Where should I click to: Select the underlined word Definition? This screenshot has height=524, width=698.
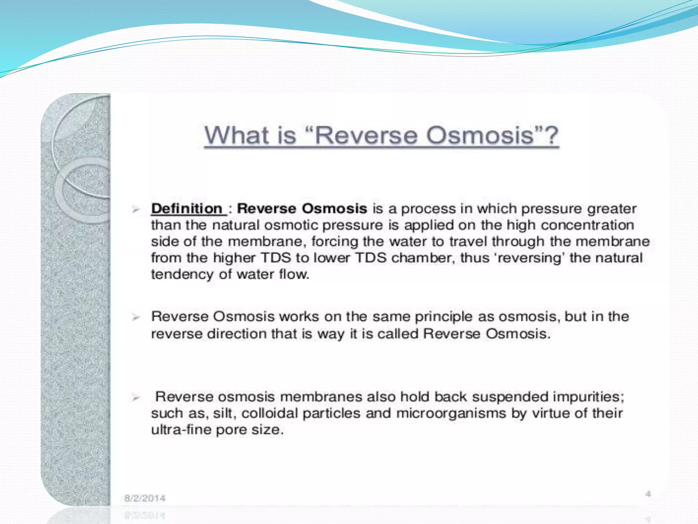(187, 208)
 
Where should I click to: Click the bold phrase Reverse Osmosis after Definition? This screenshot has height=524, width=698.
(302, 208)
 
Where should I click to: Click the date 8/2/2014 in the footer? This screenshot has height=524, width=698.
(145, 498)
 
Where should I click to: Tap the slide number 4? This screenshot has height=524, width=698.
(648, 494)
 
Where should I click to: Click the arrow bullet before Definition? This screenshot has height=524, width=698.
(136, 209)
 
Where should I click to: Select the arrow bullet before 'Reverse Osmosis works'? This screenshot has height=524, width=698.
(136, 317)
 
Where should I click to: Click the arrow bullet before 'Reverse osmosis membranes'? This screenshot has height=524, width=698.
(136, 397)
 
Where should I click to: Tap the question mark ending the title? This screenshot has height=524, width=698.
(551, 135)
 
